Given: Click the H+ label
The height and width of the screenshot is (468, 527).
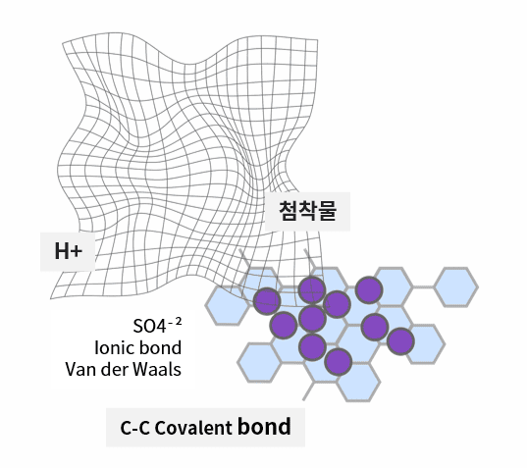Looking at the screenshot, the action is point(69,251).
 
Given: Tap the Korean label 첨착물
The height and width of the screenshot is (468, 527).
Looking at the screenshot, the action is point(307,211).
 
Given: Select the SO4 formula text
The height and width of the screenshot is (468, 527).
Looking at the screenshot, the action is point(149,326).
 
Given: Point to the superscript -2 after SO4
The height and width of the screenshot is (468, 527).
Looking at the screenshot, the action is point(175,322).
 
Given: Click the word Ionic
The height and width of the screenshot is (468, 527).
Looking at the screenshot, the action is point(114,347).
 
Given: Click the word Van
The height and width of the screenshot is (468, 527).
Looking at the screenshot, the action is point(80,369).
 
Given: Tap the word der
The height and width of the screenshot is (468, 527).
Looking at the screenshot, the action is point(114,369).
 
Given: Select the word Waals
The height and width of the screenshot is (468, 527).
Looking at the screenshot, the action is point(157,369).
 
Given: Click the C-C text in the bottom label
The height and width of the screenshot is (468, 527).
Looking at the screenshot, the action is point(134,428).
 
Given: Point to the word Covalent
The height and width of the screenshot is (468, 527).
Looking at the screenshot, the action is point(193,428).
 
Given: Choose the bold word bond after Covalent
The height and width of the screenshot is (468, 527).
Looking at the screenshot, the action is point(264,427).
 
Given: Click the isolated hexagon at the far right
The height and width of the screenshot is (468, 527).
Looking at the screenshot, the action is point(456,286).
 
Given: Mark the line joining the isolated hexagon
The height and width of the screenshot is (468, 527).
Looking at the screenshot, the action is point(423,287).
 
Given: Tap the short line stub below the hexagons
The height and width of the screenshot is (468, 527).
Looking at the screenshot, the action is point(308,391).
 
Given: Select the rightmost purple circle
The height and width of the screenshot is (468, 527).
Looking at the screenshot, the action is point(400,341).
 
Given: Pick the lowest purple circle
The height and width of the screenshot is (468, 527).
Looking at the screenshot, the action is point(339,362).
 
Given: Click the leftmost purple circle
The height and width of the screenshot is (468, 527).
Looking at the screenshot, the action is point(267,301).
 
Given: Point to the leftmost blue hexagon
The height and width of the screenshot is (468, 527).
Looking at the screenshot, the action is point(228,305).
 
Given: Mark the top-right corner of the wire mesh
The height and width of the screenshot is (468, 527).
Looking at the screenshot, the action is point(318,40).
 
